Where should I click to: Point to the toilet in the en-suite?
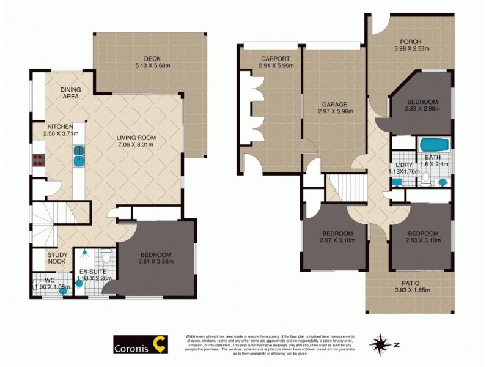click(x=105, y=257)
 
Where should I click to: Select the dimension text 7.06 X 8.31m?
click(x=135, y=145)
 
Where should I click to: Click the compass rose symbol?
click(x=382, y=344)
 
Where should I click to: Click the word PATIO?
click(x=411, y=283)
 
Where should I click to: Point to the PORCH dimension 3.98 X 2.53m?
click(x=412, y=49)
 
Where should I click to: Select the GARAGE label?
click(x=333, y=105)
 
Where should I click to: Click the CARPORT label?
click(x=274, y=59)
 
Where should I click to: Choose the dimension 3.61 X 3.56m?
click(x=156, y=262)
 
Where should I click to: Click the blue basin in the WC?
click(x=62, y=291)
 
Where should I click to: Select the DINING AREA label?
click(x=71, y=93)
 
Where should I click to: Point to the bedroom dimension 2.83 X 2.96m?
click(x=422, y=109)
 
